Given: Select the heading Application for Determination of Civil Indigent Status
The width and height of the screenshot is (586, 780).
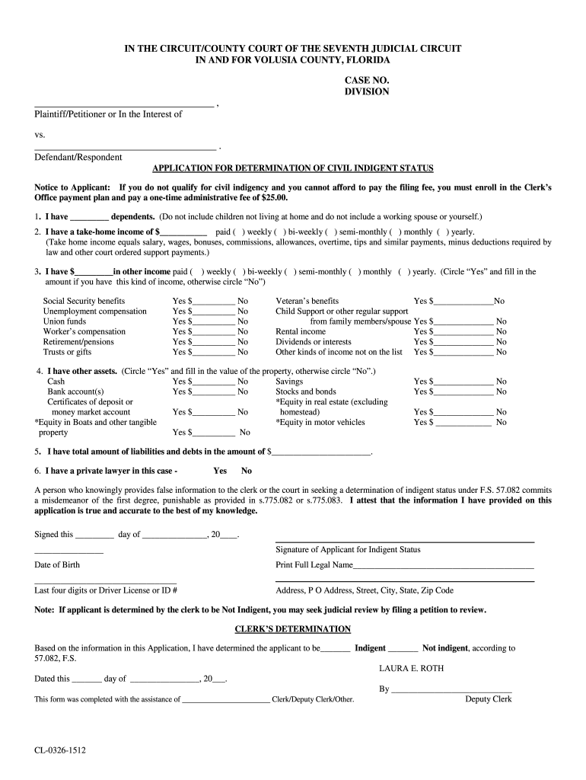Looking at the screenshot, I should pos(293,168).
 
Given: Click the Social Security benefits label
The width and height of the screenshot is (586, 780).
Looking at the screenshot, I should pos(84,301).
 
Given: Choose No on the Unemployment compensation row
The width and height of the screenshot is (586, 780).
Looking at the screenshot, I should pos(243,312).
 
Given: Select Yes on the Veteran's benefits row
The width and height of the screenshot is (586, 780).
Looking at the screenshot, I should pos(420,301).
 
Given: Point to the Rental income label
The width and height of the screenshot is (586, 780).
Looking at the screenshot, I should pos(301,332).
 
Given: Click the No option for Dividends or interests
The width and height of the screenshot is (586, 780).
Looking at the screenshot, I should pos(501,342).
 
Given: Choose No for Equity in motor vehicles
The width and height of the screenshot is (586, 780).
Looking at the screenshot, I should pos(501,423).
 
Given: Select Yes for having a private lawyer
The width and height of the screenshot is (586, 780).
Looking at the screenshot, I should pos(220,471).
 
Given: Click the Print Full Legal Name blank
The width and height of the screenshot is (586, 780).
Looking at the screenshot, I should pos(444,566).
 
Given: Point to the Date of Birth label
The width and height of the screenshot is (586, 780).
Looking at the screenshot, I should pos(56,565).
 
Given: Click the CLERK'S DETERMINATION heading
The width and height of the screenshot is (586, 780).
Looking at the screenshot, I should pos(293,629).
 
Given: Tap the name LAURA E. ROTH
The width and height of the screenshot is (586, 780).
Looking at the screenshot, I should pos(411,669).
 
